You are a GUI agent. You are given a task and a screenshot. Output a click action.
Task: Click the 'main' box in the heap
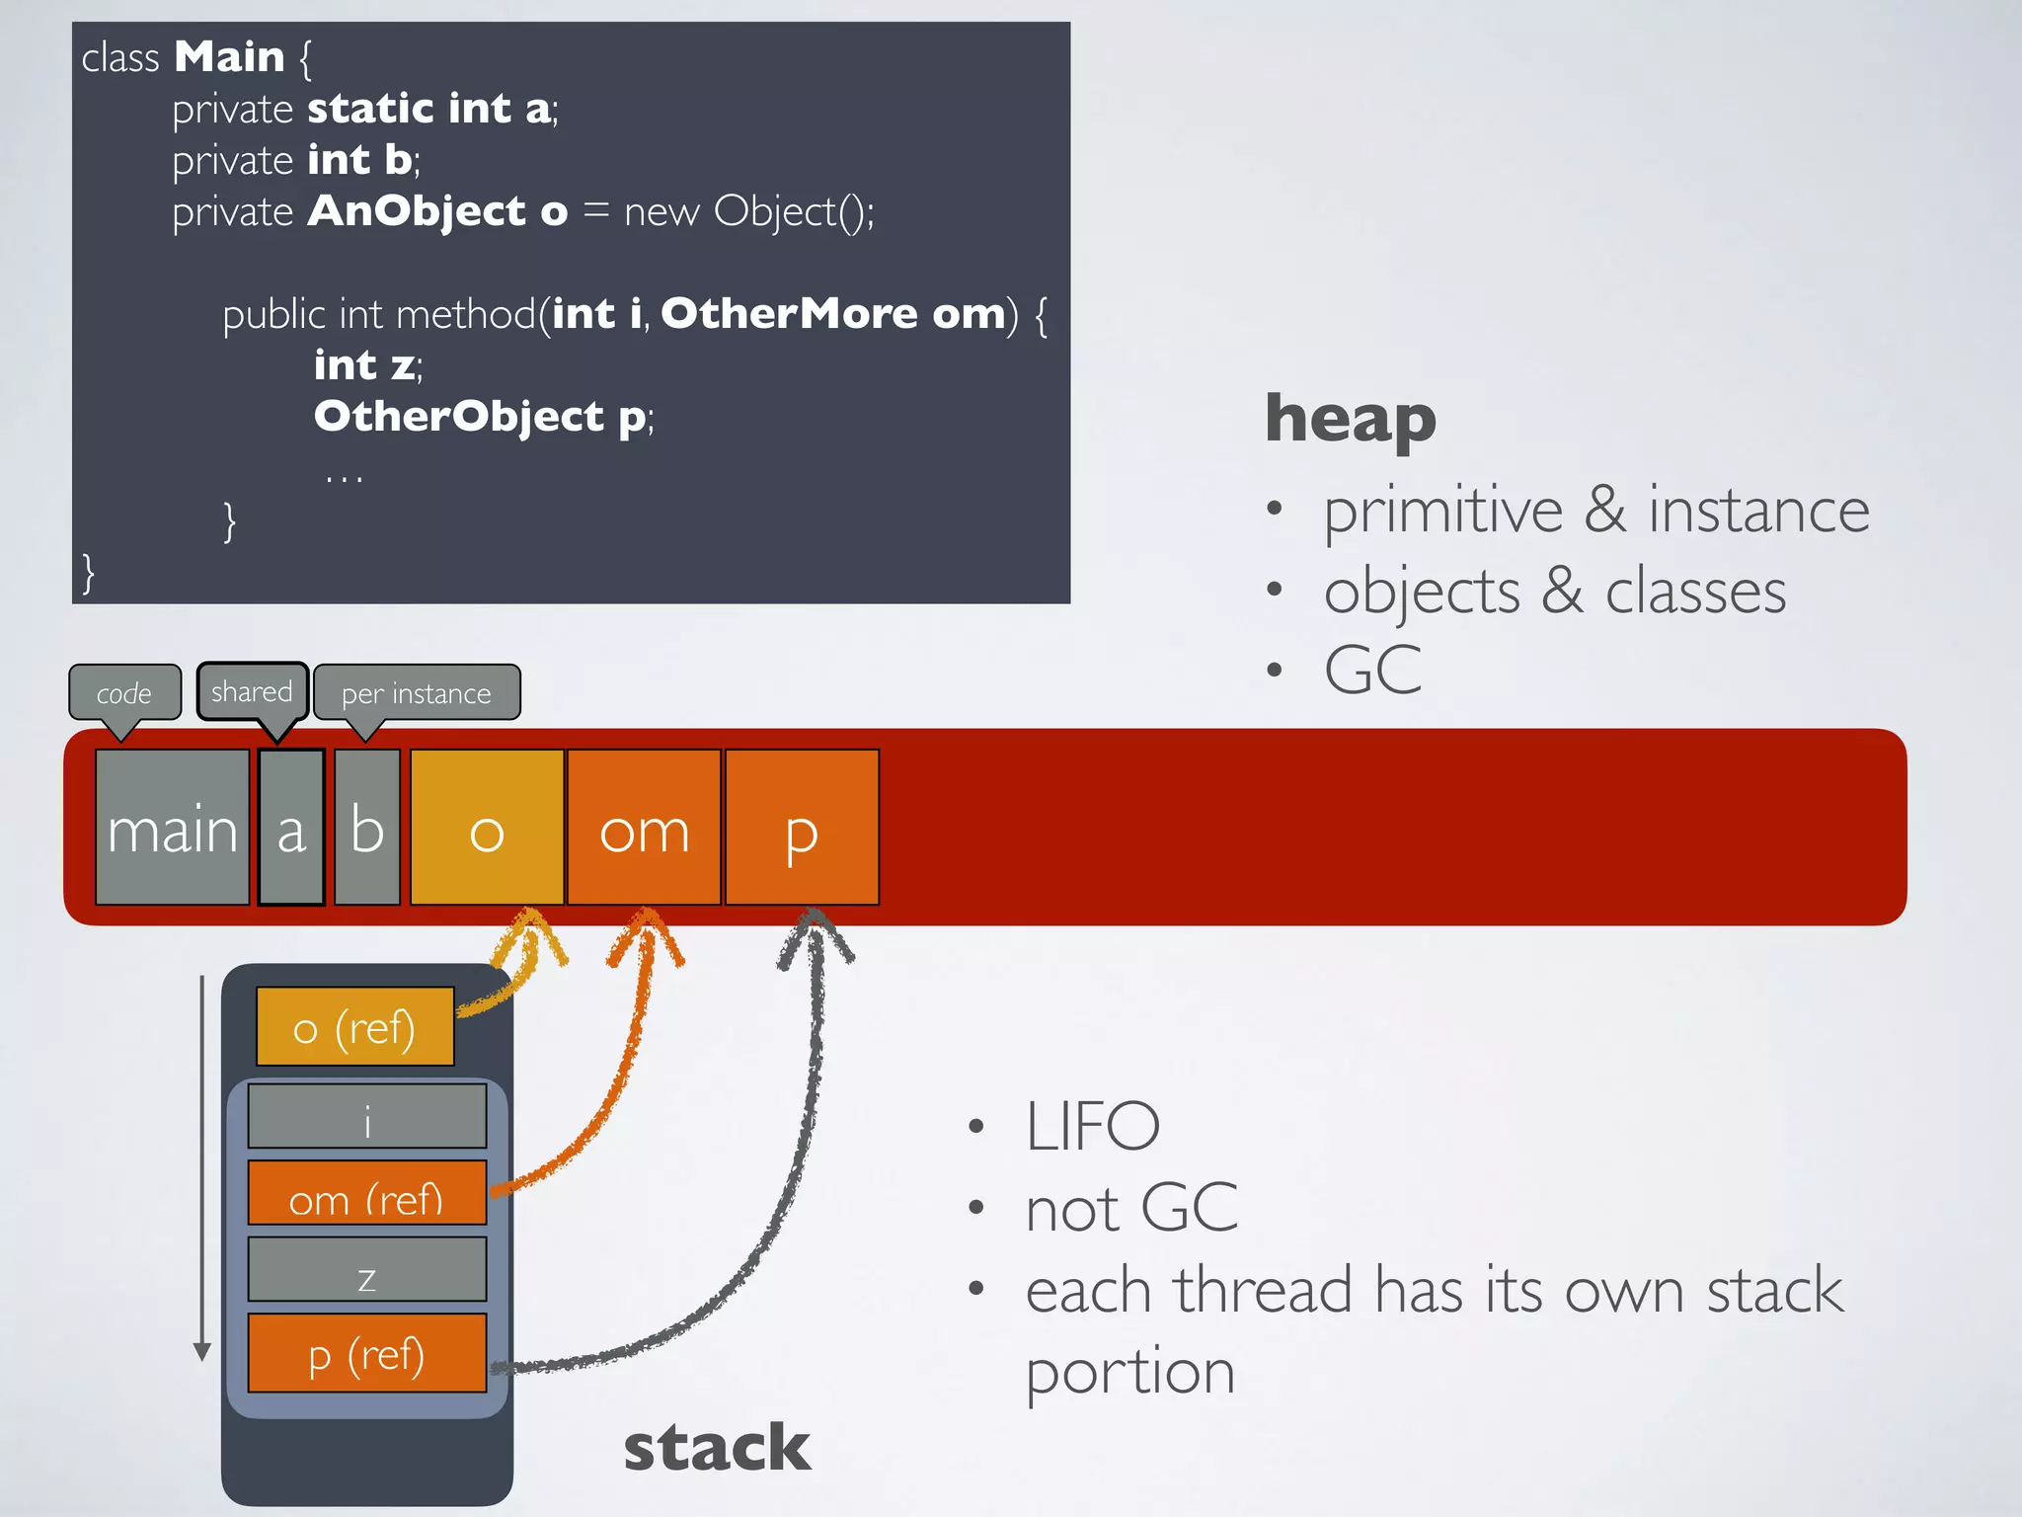coord(172,828)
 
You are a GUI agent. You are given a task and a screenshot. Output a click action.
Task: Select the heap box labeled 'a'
coord(291,828)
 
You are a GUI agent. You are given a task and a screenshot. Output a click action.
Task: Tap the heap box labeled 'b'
coord(367,828)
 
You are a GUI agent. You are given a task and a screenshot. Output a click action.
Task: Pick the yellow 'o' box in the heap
coord(487,828)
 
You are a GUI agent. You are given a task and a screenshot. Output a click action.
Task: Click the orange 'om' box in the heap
coord(644,828)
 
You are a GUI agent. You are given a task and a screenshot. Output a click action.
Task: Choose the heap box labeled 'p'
coord(802,828)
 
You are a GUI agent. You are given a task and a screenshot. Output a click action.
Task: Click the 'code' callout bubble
coord(124,692)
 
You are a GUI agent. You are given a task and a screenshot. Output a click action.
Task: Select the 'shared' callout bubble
coord(252,691)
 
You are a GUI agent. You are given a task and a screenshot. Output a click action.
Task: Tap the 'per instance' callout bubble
coord(416,692)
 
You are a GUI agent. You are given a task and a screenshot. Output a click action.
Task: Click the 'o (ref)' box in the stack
coord(354,1027)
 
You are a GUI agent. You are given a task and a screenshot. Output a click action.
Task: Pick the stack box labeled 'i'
coord(366,1117)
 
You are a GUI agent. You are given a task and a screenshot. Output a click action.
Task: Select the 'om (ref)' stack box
coord(366,1194)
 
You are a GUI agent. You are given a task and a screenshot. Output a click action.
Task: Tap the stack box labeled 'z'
coord(366,1270)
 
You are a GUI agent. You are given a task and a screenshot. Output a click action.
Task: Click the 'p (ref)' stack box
coord(366,1353)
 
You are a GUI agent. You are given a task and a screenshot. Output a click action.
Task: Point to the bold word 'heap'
coord(1350,419)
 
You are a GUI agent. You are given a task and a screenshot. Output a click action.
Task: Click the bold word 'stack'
coord(717,1448)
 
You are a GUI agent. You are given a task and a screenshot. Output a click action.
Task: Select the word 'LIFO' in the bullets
coord(1092,1126)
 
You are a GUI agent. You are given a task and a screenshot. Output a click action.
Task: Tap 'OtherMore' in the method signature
coord(789,314)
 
